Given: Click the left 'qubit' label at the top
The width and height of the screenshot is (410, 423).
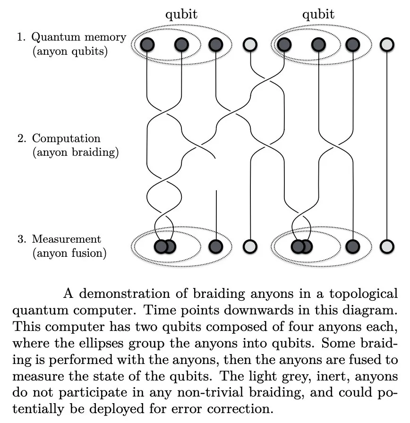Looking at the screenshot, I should (x=181, y=15).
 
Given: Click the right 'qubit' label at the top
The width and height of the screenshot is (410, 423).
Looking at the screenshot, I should (x=318, y=15).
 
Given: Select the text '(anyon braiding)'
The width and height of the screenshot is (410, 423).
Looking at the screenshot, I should (x=75, y=152).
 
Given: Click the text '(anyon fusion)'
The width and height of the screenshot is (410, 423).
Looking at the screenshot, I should (x=69, y=253).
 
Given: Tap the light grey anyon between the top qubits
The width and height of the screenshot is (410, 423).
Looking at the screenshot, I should (x=250, y=45).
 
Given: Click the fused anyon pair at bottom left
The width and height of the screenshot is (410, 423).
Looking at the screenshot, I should (x=165, y=246).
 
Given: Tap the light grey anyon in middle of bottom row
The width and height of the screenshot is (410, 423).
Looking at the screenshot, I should (x=250, y=246).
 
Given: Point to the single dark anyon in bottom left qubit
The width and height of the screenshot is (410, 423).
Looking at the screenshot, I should (x=216, y=246).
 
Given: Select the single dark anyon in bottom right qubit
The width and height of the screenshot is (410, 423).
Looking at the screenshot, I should (x=353, y=246).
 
